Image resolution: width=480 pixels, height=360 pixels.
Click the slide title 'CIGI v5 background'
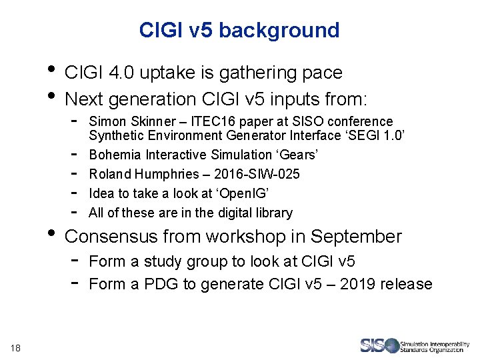tap(239, 30)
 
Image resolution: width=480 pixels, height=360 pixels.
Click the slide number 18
tap(16, 346)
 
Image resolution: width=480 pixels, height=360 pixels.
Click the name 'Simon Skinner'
tap(121, 121)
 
